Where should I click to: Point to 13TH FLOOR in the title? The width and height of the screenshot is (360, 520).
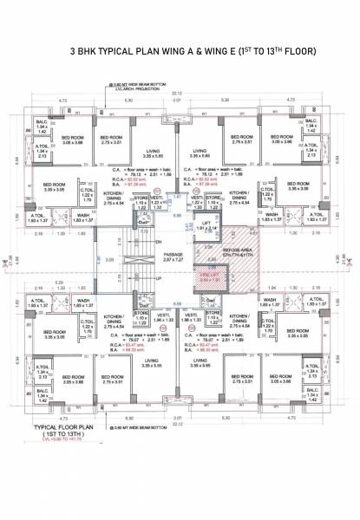pyautogui.click(x=289, y=51)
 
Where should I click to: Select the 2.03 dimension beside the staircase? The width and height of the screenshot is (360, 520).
pyautogui.click(x=108, y=258)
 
